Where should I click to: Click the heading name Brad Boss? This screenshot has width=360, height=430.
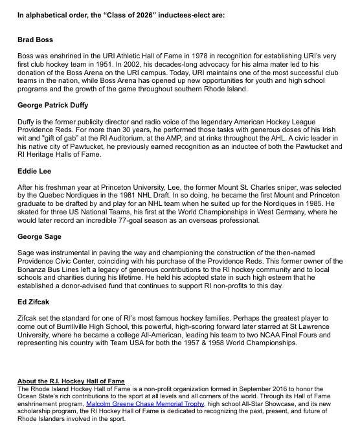pos(36,40)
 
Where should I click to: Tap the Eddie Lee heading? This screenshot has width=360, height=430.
pos(35,171)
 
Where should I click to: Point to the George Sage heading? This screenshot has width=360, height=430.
pos(41,237)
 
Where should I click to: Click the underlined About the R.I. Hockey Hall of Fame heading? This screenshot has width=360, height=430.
pos(71,381)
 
